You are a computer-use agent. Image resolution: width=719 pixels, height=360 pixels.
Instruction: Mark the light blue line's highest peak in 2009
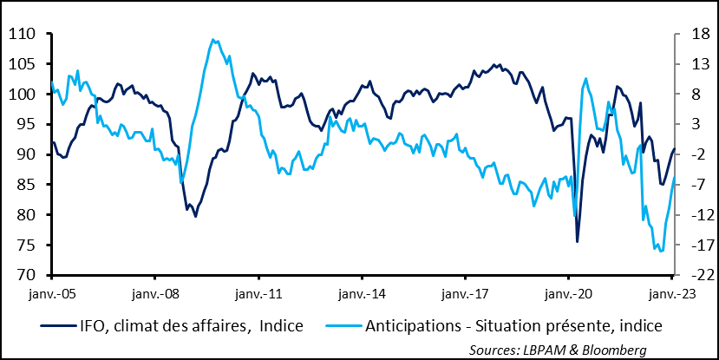(x=213, y=39)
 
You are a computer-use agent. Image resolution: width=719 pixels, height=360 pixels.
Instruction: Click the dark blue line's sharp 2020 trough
(x=578, y=241)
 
